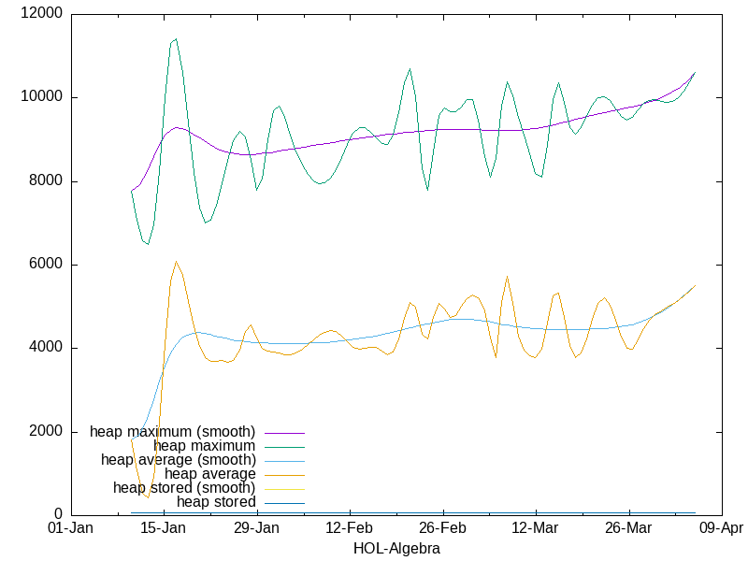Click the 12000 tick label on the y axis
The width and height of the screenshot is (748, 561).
43,14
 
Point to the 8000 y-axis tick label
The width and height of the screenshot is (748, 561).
47,181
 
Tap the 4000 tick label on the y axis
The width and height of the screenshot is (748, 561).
47,348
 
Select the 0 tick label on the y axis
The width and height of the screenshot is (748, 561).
59,515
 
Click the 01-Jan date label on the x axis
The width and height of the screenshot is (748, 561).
70,529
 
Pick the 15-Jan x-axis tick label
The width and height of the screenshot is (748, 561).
164,529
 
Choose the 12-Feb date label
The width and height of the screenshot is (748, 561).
350,529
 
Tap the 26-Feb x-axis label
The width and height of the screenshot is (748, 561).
443,529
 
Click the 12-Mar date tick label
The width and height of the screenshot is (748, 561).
536,529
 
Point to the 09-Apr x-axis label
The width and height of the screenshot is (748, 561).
722,529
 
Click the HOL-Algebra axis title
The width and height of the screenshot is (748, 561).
396,549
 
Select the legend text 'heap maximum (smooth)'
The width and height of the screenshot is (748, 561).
172,432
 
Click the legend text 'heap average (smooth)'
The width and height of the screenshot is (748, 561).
178,460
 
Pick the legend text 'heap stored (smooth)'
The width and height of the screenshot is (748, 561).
183,488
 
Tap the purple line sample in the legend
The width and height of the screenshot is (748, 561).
284,432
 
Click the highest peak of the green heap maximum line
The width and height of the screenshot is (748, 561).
176,39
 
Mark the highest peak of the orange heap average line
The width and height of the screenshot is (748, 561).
176,262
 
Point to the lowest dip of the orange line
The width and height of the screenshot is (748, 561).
147,497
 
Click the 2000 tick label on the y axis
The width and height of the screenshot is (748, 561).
47,432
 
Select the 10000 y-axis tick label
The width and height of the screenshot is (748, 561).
43,97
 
